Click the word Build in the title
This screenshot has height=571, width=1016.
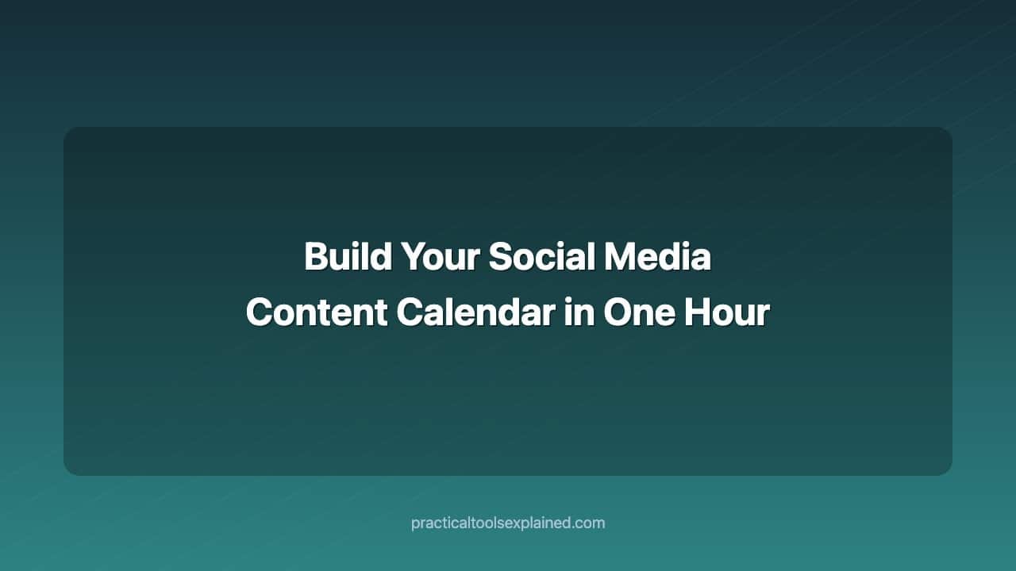click(x=348, y=257)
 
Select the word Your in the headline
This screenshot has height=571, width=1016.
click(x=440, y=257)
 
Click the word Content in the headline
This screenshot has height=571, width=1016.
click(x=317, y=312)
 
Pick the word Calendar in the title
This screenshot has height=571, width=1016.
click(x=475, y=312)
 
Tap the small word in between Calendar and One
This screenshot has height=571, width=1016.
click(x=579, y=312)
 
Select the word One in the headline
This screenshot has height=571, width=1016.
click(x=636, y=312)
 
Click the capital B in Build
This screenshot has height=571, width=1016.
click(x=315, y=257)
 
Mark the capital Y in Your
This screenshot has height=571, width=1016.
click(x=411, y=257)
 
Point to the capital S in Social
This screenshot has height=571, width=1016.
click(x=499, y=257)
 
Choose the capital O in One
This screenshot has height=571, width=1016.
click(x=618, y=312)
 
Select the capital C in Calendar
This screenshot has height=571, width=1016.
click(x=410, y=312)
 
